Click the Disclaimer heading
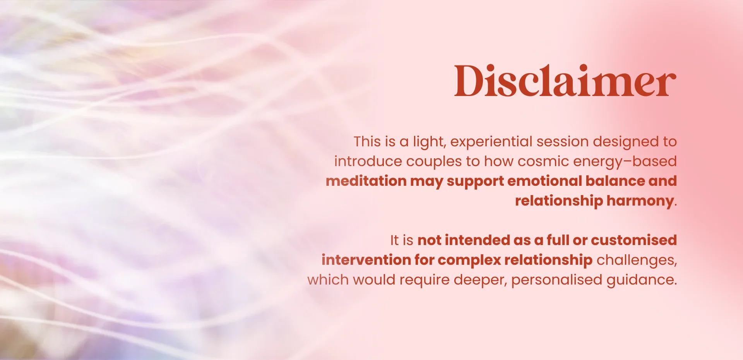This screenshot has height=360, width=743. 565,81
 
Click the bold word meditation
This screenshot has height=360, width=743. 366,181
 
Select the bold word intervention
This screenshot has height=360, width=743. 366,260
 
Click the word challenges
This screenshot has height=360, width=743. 636,260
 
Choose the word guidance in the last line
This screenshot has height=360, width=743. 641,280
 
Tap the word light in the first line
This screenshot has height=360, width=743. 429,142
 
